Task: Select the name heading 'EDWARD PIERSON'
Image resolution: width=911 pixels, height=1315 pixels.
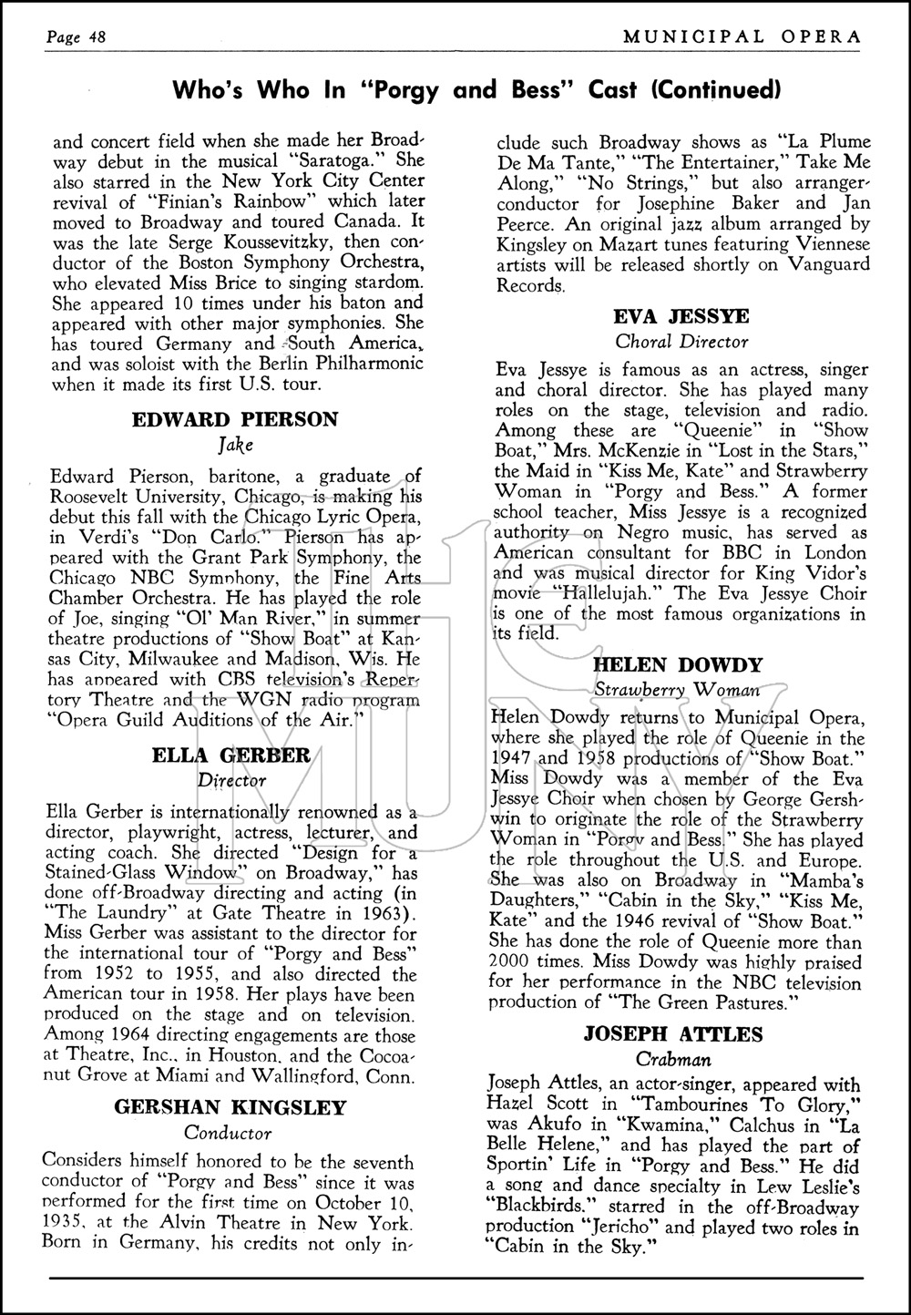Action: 235,419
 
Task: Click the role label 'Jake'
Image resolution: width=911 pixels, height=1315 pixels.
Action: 234,446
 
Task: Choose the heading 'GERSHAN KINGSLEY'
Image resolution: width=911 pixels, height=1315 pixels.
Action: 230,1107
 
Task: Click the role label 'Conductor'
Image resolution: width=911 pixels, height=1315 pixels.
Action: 228,1134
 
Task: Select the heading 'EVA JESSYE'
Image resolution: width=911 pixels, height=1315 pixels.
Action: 681,315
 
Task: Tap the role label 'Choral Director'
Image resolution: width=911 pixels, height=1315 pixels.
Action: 681,342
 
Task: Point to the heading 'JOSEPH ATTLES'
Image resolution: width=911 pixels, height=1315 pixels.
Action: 675,1034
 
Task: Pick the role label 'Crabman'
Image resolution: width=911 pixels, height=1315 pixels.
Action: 675,1060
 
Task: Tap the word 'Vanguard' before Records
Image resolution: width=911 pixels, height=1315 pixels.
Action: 819,264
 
